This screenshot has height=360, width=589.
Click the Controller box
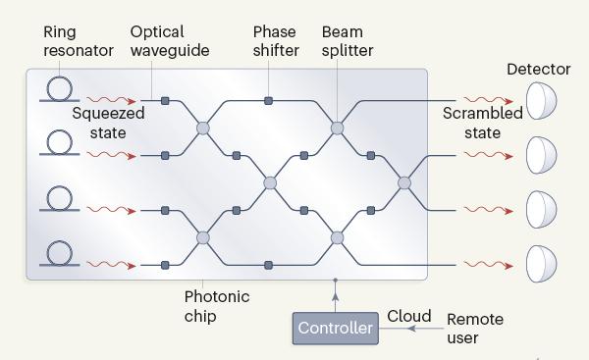click(x=336, y=328)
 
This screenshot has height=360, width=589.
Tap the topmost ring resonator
click(x=59, y=78)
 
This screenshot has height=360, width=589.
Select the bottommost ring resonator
click(x=59, y=242)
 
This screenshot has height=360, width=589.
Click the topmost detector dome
click(x=541, y=101)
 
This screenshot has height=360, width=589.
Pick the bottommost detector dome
click(x=541, y=264)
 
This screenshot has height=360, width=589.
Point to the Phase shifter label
click(x=276, y=41)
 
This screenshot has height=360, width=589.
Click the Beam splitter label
click(x=348, y=41)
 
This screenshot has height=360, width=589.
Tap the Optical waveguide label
click(x=170, y=41)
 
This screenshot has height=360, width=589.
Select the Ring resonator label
click(x=79, y=41)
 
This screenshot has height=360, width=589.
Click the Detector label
click(x=539, y=69)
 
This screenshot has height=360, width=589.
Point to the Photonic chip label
click(x=217, y=306)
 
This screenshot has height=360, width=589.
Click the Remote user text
click(x=475, y=329)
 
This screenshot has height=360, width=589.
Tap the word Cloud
click(x=409, y=316)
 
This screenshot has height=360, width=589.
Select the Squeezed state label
click(x=108, y=124)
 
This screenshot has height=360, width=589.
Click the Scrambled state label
click(x=483, y=124)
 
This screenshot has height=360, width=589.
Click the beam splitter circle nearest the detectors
click(x=404, y=183)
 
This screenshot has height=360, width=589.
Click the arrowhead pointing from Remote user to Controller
click(x=411, y=329)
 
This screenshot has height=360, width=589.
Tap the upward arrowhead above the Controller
click(x=336, y=297)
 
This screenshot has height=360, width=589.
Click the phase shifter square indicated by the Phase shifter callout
click(x=268, y=101)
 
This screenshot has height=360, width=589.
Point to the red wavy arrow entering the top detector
click(x=488, y=100)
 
